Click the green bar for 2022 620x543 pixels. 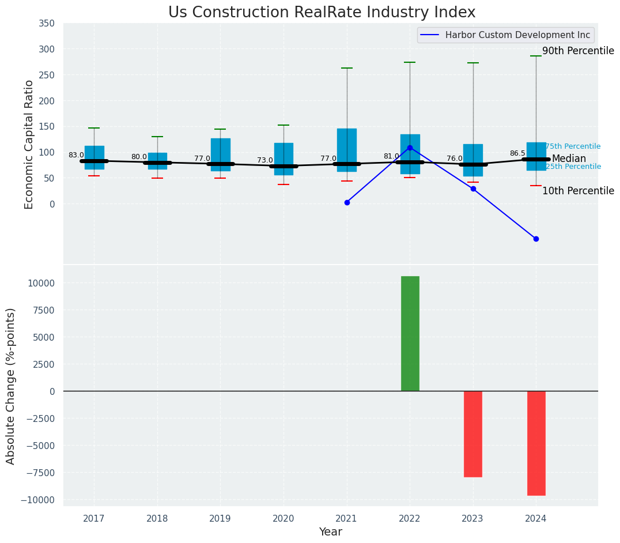click(410, 333)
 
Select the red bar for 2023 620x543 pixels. click(473, 433)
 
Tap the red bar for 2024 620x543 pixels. click(536, 443)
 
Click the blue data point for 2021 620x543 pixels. click(347, 202)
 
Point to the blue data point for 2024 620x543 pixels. click(536, 239)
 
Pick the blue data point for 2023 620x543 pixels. click(473, 188)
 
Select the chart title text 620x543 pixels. click(322, 13)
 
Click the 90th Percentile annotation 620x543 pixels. click(578, 51)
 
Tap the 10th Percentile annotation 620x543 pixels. click(578, 191)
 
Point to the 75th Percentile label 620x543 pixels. click(573, 146)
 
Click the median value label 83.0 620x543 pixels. click(76, 155)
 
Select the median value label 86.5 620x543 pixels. click(517, 153)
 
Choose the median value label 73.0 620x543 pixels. click(265, 160)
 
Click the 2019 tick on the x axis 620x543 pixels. click(220, 519)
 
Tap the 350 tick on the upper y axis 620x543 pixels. click(47, 23)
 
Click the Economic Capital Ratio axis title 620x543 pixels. click(29, 144)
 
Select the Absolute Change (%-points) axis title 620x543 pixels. click(11, 386)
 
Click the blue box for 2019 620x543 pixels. click(220, 154)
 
